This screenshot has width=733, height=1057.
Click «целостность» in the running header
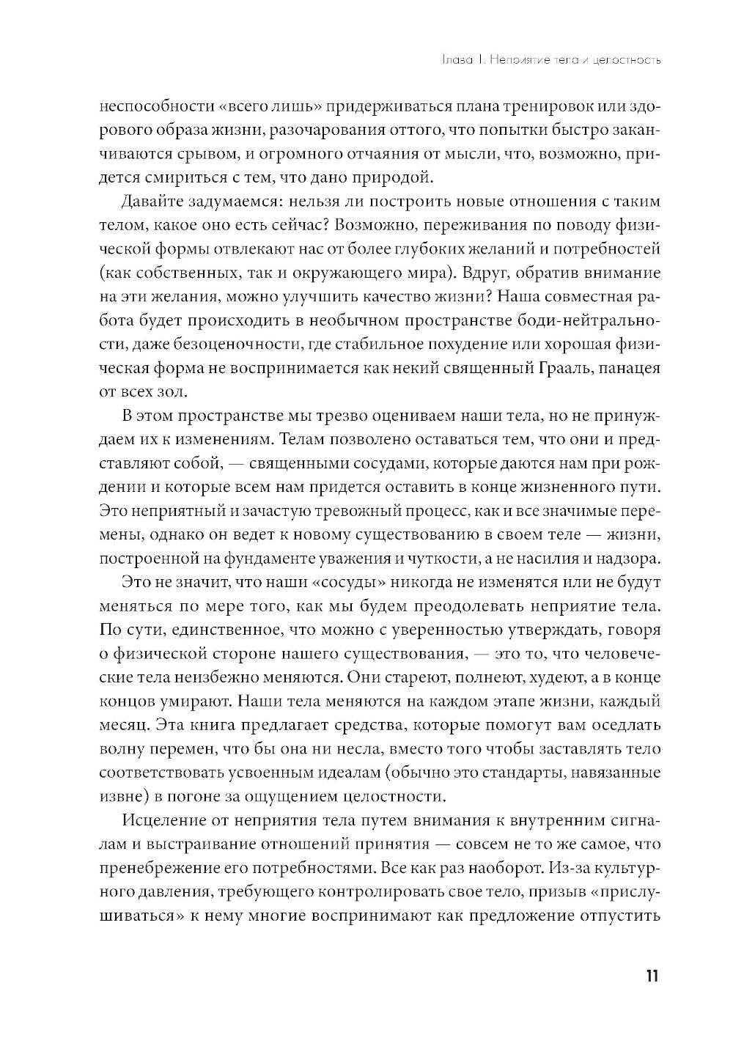(625, 59)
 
